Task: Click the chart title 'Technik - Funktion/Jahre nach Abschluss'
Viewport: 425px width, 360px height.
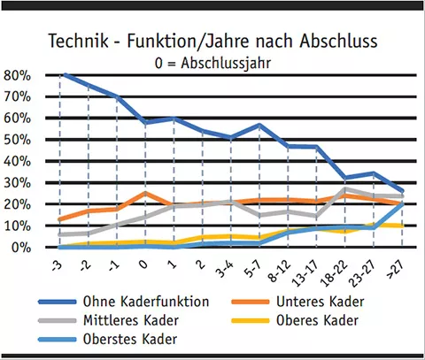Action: pos(212,42)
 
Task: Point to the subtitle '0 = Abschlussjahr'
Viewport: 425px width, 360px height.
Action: pos(212,63)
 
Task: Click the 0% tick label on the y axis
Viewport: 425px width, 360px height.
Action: pos(22,248)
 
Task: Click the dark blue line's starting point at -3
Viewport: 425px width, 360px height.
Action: pos(63,74)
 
